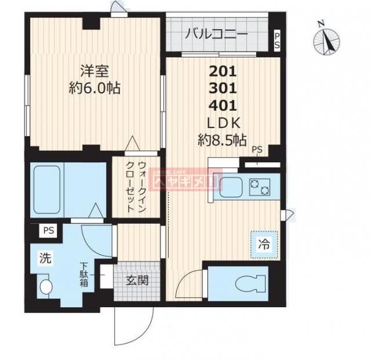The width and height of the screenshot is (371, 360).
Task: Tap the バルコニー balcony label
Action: [x=216, y=34]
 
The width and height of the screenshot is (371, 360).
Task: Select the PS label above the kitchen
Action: [x=257, y=150]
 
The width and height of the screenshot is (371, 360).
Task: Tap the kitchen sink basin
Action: [x=232, y=187]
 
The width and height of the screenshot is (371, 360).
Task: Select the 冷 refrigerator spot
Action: [x=264, y=244]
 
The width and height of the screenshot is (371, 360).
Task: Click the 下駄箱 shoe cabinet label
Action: [x=85, y=275]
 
